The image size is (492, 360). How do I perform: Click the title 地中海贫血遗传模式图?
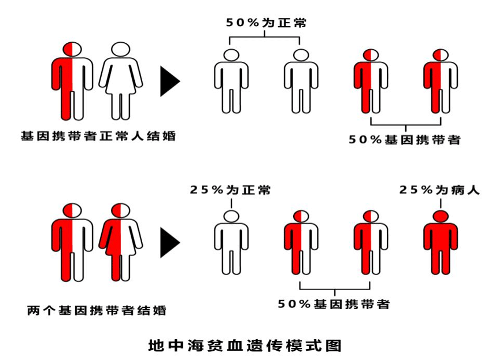tap(245, 346)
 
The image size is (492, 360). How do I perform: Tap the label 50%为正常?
tap(266, 23)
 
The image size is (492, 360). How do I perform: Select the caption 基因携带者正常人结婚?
tap(98, 136)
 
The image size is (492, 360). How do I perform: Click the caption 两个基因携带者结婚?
tap(97, 310)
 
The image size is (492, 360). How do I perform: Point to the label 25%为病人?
tap(439, 190)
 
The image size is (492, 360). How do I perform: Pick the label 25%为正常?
tap(230, 190)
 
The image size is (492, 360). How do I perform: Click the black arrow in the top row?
tap(170, 81)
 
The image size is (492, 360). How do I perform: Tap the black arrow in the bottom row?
tap(170, 243)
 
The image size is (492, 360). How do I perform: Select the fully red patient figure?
tap(441, 242)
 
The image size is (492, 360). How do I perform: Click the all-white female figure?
tap(121, 81)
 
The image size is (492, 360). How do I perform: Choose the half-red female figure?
tap(121, 242)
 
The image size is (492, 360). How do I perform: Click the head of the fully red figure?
tap(441, 216)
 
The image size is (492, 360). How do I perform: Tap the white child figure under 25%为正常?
tap(231, 242)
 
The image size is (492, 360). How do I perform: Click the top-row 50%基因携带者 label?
tap(405, 139)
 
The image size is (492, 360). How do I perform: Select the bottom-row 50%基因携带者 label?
tap(334, 304)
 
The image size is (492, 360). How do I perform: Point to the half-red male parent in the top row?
tap(72, 81)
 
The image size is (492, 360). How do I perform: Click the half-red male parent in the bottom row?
tap(72, 242)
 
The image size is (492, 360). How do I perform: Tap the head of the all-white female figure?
tap(121, 49)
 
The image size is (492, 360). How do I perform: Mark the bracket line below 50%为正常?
tap(265, 38)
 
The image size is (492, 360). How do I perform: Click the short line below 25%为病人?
tap(441, 203)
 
